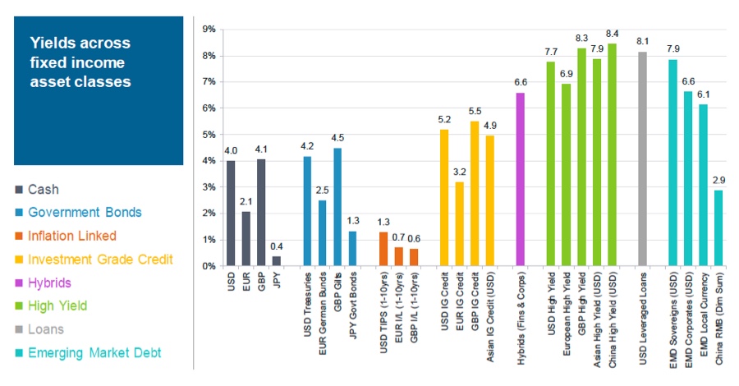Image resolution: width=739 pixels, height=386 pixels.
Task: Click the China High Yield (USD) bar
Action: click(x=611, y=155)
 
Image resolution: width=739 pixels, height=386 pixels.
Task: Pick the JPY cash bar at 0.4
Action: click(x=277, y=260)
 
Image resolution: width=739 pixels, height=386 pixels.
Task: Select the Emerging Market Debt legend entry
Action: click(x=94, y=352)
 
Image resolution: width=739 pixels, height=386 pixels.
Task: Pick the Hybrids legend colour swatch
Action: click(x=17, y=283)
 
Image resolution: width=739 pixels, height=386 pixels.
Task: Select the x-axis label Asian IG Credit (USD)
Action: click(x=489, y=316)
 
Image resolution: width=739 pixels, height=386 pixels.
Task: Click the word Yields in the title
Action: click(x=50, y=42)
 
